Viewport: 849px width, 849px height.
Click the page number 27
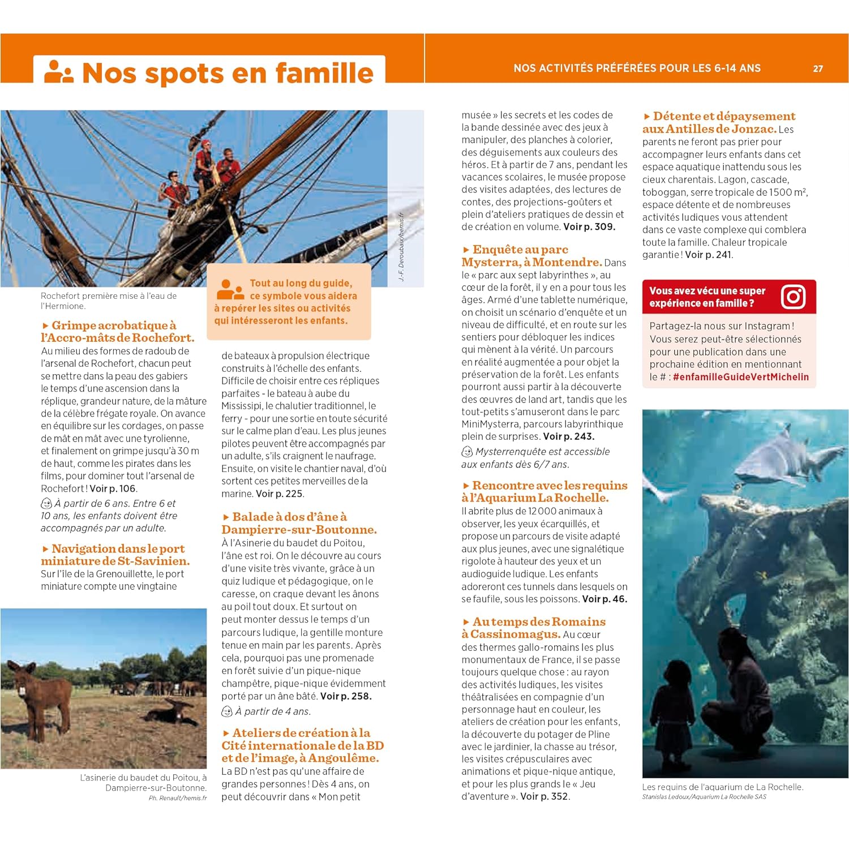tap(818, 68)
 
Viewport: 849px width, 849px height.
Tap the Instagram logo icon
tap(793, 297)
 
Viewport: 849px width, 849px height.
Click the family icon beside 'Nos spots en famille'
tap(59, 72)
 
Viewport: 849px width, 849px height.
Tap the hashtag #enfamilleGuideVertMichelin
tap(741, 377)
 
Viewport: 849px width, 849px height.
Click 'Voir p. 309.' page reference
tap(589, 227)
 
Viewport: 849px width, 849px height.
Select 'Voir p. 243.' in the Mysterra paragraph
tap(568, 436)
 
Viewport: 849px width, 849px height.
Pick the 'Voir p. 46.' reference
tap(604, 599)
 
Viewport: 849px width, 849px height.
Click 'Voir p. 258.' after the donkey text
tap(346, 696)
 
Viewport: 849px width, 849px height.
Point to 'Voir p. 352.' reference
tap(544, 796)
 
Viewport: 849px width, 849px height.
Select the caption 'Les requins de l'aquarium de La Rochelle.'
tap(723, 787)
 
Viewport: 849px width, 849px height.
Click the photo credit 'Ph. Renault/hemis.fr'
tap(178, 798)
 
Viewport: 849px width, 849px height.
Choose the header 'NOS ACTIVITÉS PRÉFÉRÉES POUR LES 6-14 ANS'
tap(637, 68)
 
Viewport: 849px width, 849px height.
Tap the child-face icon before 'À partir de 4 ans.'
tap(227, 711)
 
